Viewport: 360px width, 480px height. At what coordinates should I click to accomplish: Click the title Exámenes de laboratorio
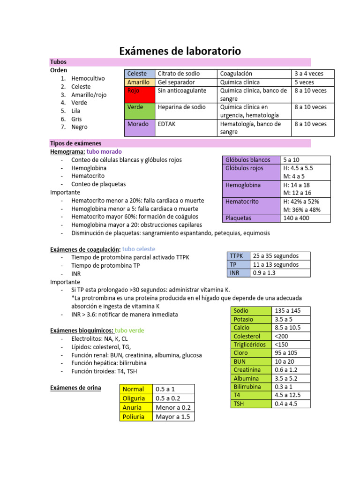coord(180,50)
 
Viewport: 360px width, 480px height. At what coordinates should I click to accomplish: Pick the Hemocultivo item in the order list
coord(88,78)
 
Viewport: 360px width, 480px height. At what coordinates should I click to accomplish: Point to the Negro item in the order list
coord(79,127)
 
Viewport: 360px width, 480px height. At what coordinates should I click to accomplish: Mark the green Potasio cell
coord(243,319)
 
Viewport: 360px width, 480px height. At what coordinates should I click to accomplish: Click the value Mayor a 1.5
coord(172,417)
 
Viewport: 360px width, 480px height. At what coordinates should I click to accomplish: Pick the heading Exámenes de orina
coord(75,388)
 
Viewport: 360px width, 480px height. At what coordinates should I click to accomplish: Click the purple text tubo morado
coord(105,152)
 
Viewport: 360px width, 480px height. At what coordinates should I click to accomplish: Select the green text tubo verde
coord(129,330)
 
